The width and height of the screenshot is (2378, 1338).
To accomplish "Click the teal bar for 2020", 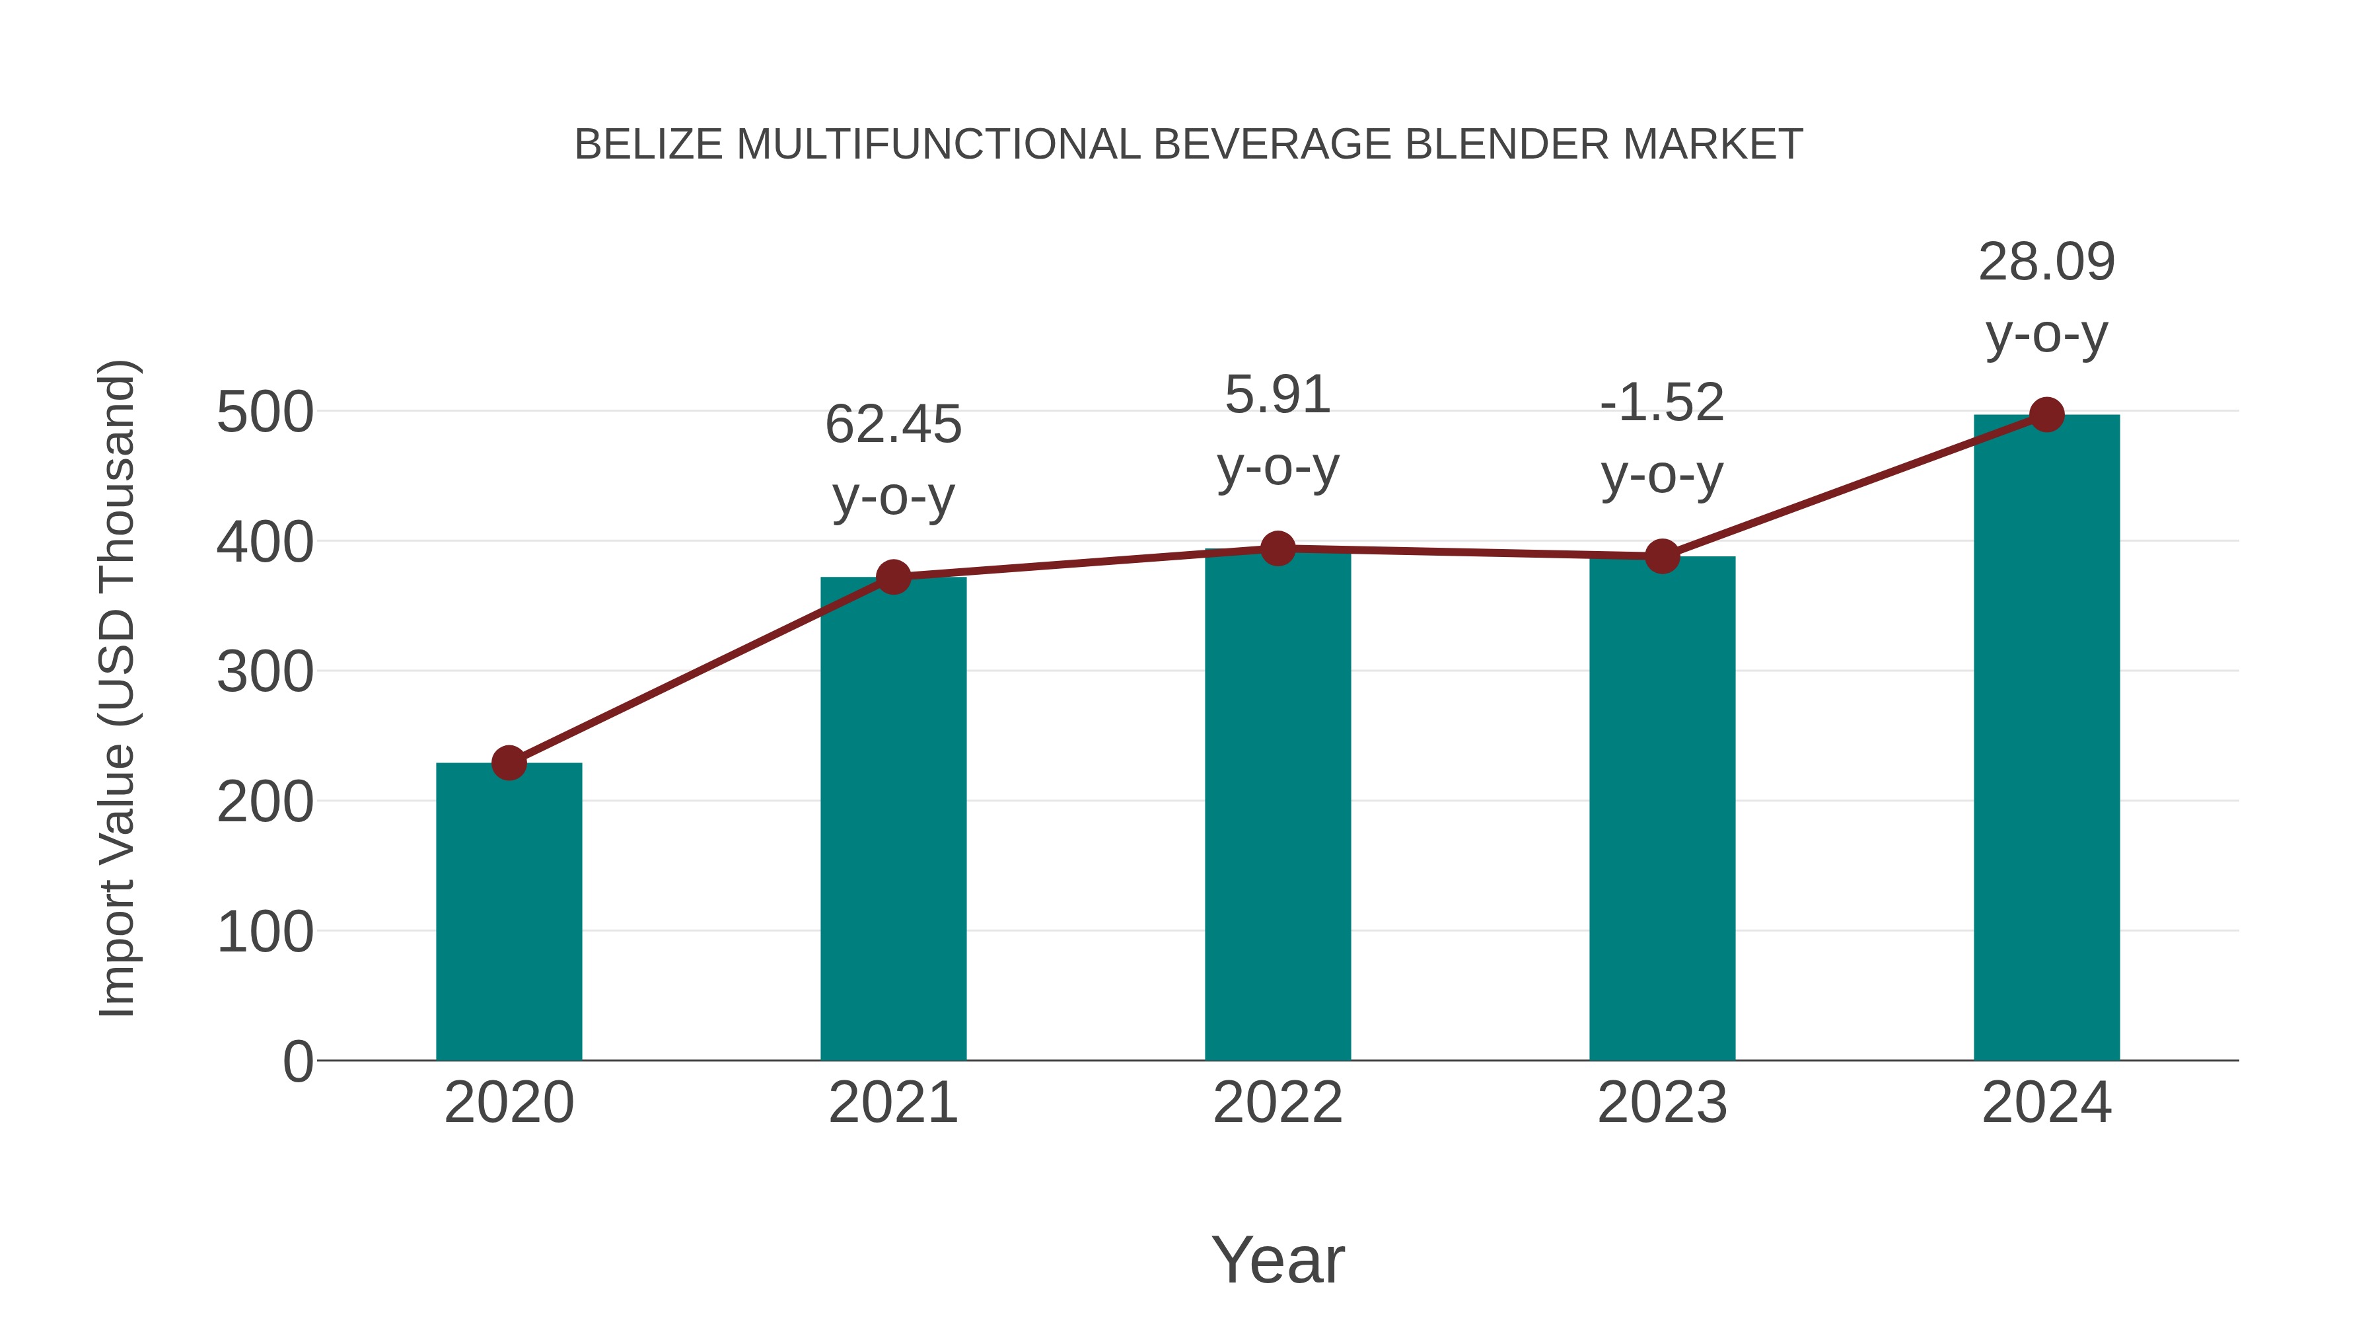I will tap(509, 914).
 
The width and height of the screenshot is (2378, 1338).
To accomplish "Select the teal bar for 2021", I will tap(892, 822).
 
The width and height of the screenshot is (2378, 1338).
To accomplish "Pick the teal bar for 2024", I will tap(2046, 739).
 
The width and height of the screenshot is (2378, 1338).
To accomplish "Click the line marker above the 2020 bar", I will tap(509, 762).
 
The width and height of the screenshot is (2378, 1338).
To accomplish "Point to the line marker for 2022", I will tap(1278, 548).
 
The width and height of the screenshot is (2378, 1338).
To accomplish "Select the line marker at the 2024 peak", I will tap(2046, 414).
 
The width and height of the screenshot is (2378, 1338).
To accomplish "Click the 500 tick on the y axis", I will tap(265, 413).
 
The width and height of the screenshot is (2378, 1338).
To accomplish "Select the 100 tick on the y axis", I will tap(265, 932).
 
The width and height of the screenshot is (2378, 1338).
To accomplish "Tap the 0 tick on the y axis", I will tap(298, 1062).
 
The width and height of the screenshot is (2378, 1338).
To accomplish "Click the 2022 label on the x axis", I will tap(1278, 1103).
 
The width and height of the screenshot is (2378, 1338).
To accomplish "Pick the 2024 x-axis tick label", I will tap(2046, 1103).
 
